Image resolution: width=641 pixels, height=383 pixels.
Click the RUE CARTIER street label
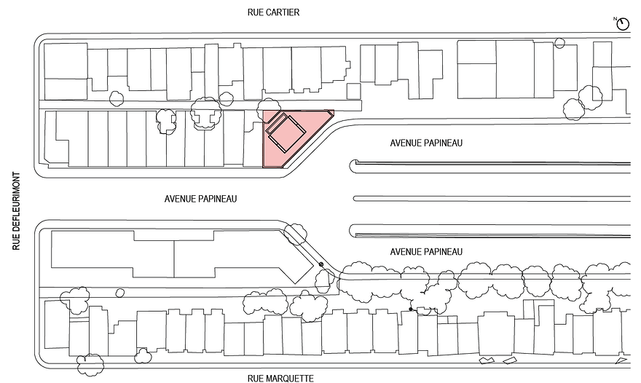tap(273, 12)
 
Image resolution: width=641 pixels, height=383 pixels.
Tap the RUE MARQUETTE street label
tap(280, 379)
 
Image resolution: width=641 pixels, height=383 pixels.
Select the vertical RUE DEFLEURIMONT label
tap(16, 211)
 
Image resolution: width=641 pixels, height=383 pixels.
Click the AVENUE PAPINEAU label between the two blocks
tap(200, 199)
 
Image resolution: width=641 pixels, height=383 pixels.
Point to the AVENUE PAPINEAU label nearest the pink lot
tap(426, 143)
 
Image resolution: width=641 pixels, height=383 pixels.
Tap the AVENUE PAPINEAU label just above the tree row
tap(426, 252)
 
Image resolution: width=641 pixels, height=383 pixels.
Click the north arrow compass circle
tap(623, 25)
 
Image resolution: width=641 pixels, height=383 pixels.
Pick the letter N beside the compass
tap(615, 19)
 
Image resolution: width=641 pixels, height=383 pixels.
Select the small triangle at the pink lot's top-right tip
tap(330, 113)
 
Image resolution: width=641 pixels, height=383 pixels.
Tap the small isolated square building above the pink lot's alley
tap(353, 91)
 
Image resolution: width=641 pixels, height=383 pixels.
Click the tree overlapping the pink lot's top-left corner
tap(268, 108)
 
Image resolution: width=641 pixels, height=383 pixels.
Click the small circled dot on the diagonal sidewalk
tap(321, 264)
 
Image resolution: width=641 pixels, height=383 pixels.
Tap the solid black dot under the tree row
tap(411, 309)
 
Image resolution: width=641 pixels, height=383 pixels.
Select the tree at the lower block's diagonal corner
tap(295, 234)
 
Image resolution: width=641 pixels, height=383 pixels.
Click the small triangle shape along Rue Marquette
tap(621, 360)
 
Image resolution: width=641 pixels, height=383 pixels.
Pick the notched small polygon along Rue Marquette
tap(487, 360)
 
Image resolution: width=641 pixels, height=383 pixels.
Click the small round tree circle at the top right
tap(559, 43)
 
